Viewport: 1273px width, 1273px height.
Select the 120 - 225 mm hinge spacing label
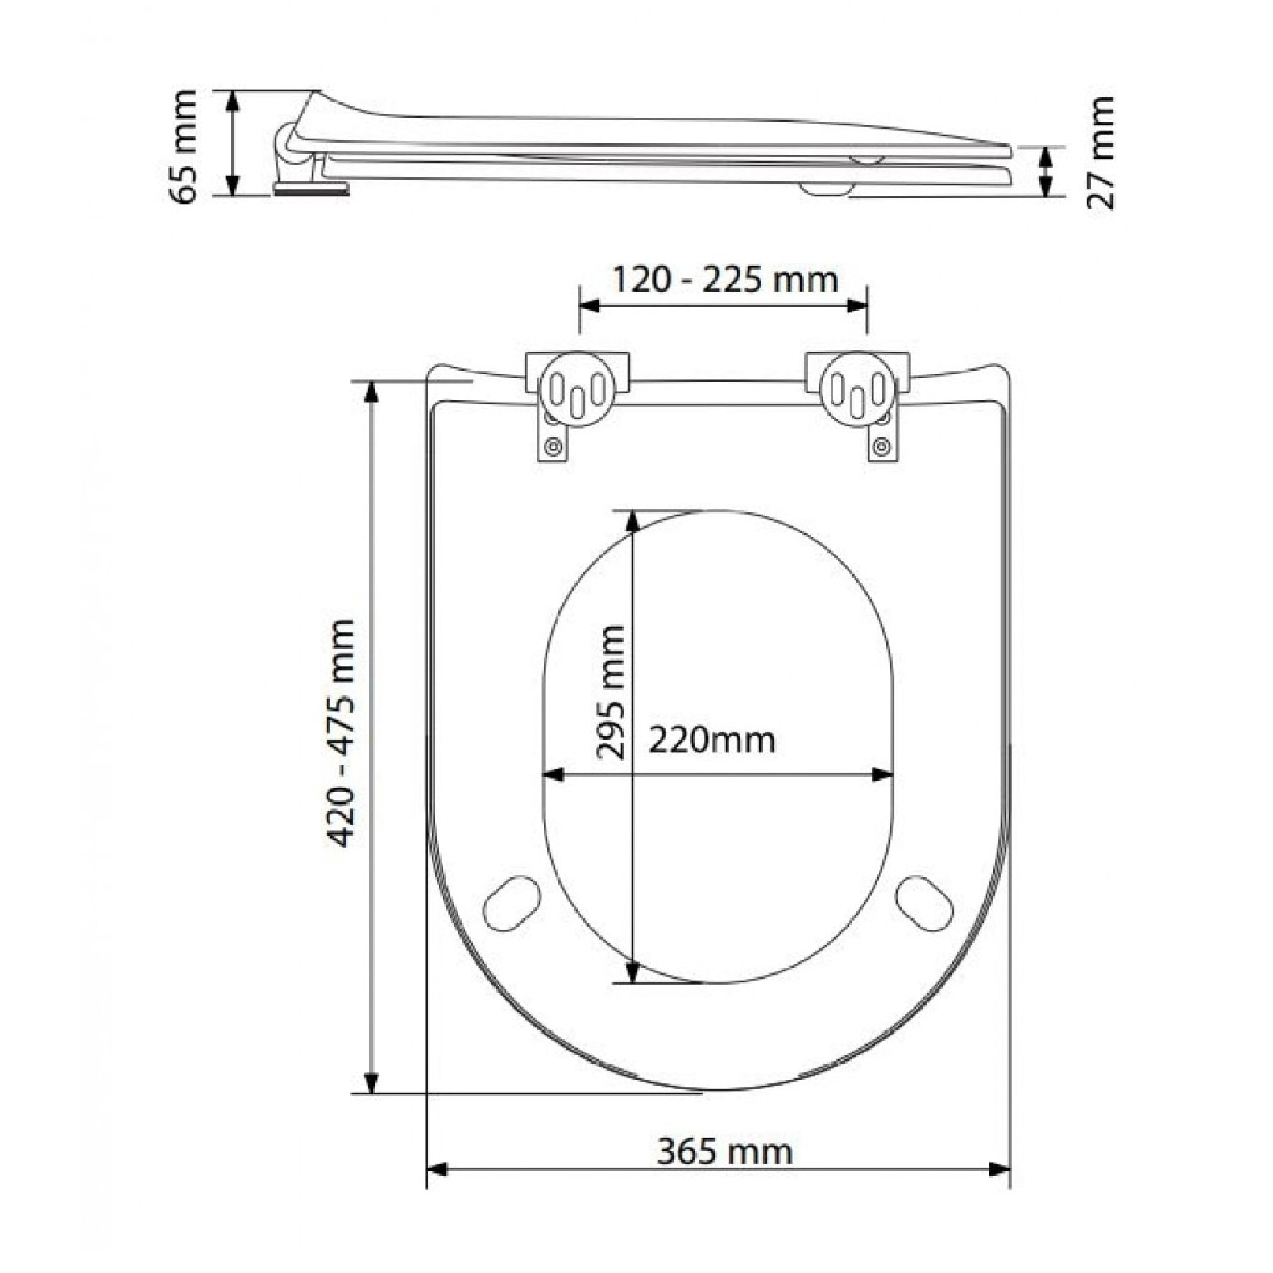click(x=725, y=280)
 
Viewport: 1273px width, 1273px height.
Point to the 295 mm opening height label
click(x=611, y=691)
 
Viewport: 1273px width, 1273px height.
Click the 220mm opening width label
click(x=712, y=739)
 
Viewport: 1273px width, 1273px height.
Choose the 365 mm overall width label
click(x=724, y=1151)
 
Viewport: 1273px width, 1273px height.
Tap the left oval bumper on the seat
click(x=512, y=902)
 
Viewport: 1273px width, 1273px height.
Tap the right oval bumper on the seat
click(x=924, y=902)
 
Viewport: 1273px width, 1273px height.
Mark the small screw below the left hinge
click(x=553, y=445)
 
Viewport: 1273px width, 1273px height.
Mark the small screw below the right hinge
click(x=881, y=445)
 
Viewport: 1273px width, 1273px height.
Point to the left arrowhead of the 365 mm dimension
click(x=436, y=1169)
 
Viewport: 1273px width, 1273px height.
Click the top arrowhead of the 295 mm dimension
click(x=632, y=520)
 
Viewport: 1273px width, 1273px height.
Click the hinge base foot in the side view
click(x=310, y=189)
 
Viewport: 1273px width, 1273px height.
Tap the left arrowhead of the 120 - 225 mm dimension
click(x=590, y=305)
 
